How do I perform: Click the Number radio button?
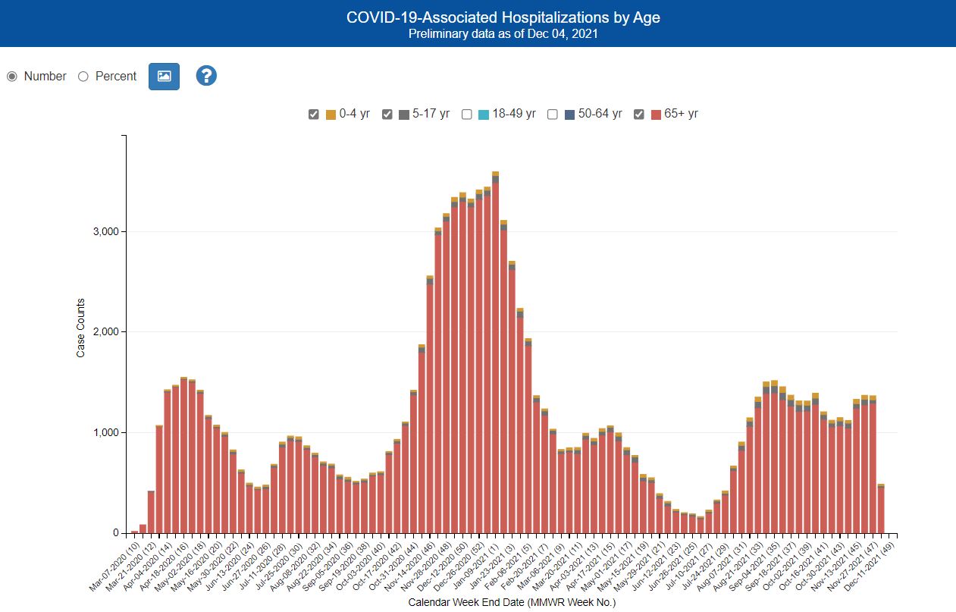tap(12, 77)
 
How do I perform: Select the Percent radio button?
tap(83, 77)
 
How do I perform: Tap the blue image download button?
tap(164, 76)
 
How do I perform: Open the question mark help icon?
tap(206, 76)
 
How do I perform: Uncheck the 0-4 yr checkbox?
tap(314, 115)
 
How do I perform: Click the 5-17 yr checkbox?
tap(387, 115)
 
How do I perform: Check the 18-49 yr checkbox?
tap(466, 115)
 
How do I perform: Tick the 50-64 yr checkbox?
tap(553, 115)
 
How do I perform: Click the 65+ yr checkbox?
tap(639, 115)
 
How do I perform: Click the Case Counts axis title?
tap(80, 327)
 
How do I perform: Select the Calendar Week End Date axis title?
tap(512, 603)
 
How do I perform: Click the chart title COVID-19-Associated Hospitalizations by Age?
tap(503, 17)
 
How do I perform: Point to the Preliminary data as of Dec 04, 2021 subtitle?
tap(503, 34)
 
